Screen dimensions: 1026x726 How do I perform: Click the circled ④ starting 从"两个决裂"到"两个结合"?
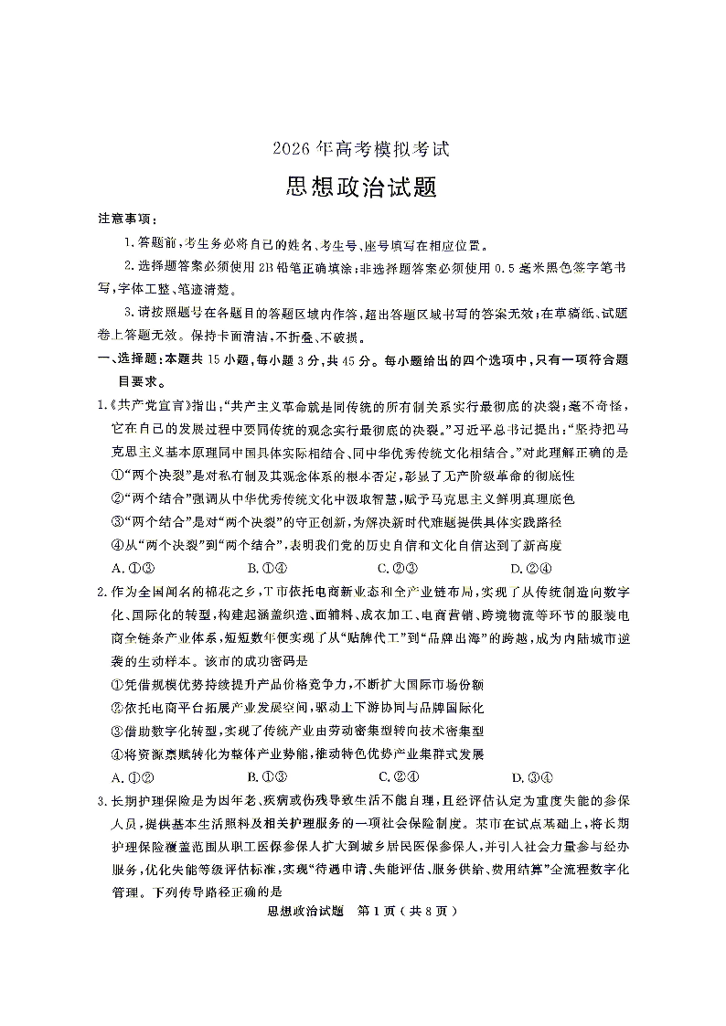click(x=116, y=545)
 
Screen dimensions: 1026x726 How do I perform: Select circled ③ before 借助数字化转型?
click(x=116, y=732)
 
